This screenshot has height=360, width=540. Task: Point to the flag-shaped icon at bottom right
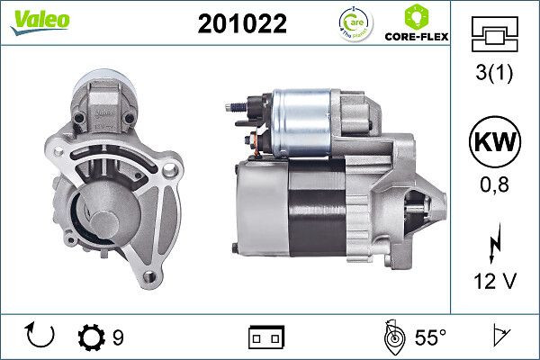[502, 337]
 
